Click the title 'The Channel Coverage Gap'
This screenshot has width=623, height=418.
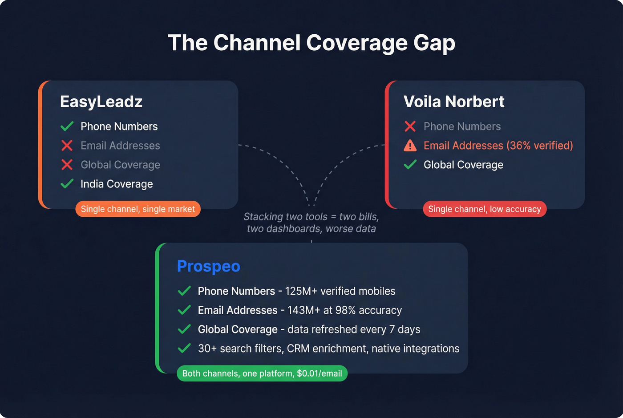pyautogui.click(x=311, y=43)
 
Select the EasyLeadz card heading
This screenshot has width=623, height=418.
pyautogui.click(x=101, y=102)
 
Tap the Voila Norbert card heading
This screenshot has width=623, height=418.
pyautogui.click(x=453, y=102)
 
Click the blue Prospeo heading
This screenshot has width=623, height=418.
pyautogui.click(x=208, y=266)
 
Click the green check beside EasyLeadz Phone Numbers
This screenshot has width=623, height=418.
pyautogui.click(x=67, y=126)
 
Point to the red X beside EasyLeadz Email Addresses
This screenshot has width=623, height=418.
pyautogui.click(x=67, y=146)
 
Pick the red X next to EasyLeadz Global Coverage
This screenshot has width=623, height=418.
pyautogui.click(x=67, y=165)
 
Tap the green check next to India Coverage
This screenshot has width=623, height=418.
pyautogui.click(x=67, y=184)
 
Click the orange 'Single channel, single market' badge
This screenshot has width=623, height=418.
pyautogui.click(x=138, y=209)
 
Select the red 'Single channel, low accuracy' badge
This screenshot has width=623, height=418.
pyautogui.click(x=485, y=209)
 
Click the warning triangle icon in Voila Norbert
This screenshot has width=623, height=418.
pyautogui.click(x=410, y=146)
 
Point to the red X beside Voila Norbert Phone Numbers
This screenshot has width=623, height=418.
pyautogui.click(x=410, y=126)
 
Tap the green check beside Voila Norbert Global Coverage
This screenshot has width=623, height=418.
pyautogui.click(x=410, y=165)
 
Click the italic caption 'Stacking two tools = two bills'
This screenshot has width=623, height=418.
pyautogui.click(x=311, y=217)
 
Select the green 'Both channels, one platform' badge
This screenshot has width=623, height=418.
pyautogui.click(x=262, y=373)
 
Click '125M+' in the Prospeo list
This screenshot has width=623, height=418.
pyautogui.click(x=301, y=291)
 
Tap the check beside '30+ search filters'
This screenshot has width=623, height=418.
pyautogui.click(x=184, y=349)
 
